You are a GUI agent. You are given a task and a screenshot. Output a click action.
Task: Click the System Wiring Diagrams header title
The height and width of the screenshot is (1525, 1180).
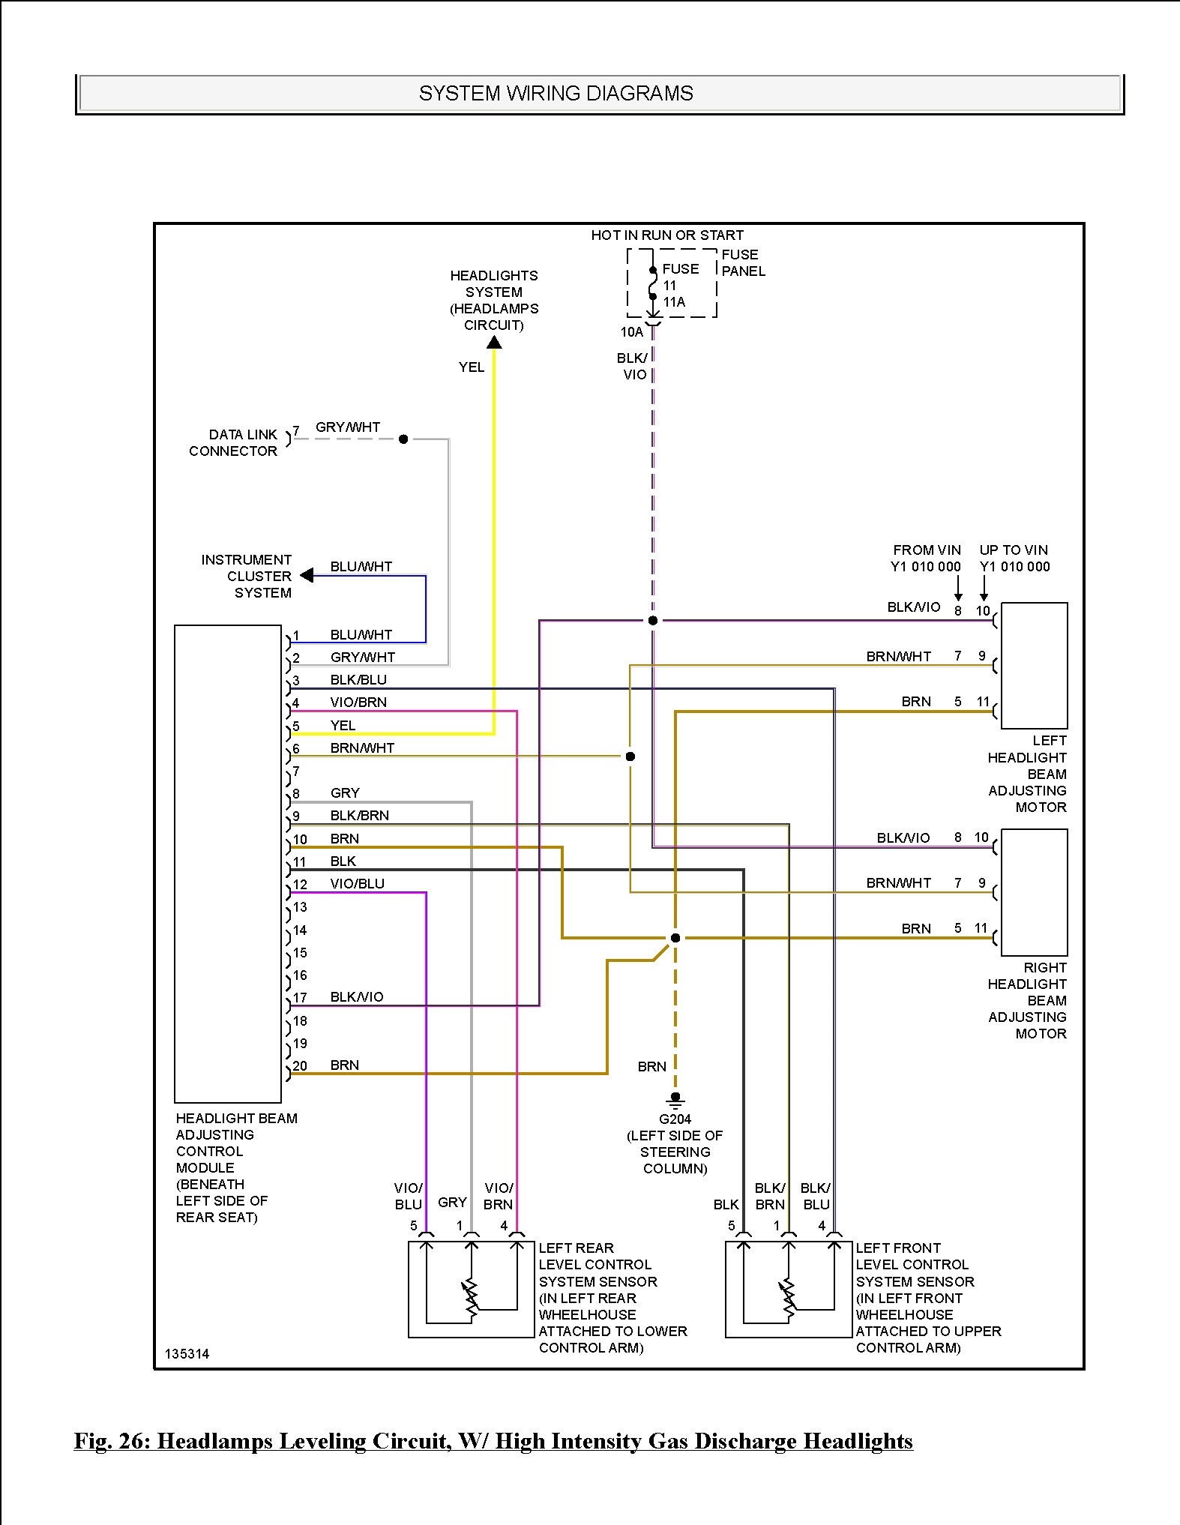coord(556,94)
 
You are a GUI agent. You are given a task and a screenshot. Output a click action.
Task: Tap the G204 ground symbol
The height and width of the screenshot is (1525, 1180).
coord(675,1101)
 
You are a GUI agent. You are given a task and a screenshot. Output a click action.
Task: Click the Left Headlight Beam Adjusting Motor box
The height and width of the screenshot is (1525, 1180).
coord(1035,665)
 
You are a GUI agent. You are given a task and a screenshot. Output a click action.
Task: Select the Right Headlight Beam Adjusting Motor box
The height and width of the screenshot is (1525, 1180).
coord(1035,892)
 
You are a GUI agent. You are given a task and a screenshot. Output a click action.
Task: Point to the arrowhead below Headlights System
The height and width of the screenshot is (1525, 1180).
coord(494,343)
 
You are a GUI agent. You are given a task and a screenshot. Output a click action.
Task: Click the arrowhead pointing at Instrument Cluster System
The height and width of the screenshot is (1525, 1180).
coord(307,576)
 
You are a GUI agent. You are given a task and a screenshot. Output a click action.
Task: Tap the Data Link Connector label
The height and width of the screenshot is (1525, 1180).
coord(233,443)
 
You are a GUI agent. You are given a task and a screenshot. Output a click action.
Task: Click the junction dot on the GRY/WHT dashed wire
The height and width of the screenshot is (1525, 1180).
coord(403,439)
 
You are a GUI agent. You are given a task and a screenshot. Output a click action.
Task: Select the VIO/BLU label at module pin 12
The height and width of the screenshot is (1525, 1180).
coord(358,884)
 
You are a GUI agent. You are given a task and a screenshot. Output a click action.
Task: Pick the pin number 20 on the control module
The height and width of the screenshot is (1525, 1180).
coord(300,1066)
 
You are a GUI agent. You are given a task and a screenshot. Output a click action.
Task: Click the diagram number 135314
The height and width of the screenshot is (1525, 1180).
coord(187,1354)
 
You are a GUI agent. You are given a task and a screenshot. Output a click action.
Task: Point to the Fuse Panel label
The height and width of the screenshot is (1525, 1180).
coord(744,263)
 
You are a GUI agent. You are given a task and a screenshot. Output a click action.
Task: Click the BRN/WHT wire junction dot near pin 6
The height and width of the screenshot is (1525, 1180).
coord(630,757)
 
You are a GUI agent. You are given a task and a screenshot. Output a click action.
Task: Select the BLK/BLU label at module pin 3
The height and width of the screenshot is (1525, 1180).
coord(359,680)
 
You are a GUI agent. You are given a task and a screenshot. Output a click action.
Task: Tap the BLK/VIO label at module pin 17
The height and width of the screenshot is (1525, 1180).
coord(357,997)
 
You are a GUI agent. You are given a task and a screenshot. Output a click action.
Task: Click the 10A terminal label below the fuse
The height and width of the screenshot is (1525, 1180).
coord(632,332)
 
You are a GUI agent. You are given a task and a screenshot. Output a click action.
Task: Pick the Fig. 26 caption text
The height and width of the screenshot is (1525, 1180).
coord(493,1441)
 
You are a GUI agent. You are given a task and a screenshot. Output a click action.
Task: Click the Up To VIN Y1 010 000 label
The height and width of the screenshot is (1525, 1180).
coord(1014,559)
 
